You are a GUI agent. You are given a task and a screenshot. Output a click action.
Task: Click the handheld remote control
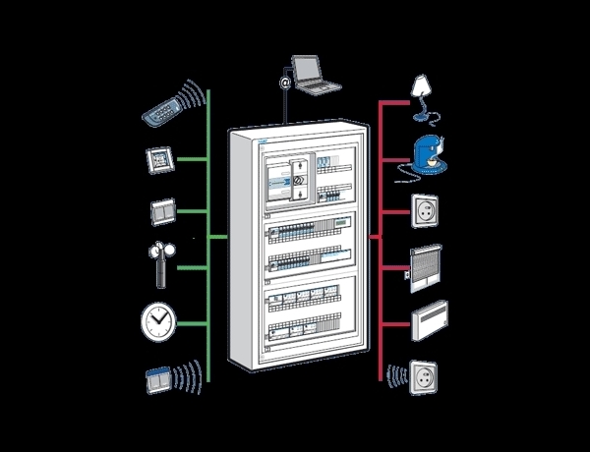[164, 107]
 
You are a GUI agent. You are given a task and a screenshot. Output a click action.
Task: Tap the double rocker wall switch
[160, 210]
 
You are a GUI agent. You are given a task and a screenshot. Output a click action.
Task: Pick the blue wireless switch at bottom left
[157, 378]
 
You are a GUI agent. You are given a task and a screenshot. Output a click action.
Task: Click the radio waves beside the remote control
[197, 95]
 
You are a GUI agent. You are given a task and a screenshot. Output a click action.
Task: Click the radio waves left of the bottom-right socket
[397, 377]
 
